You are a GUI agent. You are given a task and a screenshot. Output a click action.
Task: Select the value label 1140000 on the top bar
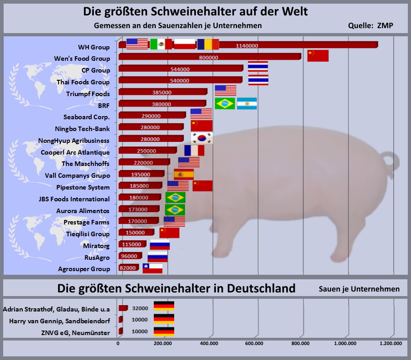coord(247,45)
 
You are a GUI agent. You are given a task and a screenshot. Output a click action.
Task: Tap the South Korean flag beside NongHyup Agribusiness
coord(202,138)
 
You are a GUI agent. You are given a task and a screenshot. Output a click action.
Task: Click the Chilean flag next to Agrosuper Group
coord(152,268)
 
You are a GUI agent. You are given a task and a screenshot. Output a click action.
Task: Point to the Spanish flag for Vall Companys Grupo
coord(184,174)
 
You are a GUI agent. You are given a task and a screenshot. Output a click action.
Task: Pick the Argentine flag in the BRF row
coord(247,103)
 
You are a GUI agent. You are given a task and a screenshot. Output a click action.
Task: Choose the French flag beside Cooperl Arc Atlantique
coord(194,151)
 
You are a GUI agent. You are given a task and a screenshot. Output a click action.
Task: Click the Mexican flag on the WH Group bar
coord(161,44)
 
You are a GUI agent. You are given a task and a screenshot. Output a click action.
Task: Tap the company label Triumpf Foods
coord(88,94)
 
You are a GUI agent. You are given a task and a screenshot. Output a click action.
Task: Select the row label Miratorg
coord(96,245)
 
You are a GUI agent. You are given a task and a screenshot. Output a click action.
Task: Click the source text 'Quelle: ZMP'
coord(370,26)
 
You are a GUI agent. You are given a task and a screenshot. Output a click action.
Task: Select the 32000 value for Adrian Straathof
coord(140,308)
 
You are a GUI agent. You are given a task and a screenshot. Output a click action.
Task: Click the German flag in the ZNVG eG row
coord(164,331)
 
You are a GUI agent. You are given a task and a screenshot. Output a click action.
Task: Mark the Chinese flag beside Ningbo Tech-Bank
coord(201,126)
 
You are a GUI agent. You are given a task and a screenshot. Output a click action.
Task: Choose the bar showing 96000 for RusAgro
coord(130,256)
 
